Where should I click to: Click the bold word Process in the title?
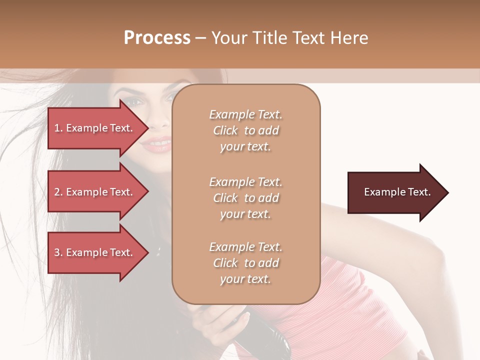coord(157,38)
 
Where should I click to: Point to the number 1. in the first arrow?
coord(58,128)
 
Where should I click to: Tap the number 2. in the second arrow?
coord(58,192)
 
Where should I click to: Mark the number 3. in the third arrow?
coord(58,252)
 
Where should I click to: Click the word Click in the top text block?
coord(225,130)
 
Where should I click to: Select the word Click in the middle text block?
coord(225,198)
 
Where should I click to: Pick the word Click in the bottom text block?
coord(225,263)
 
